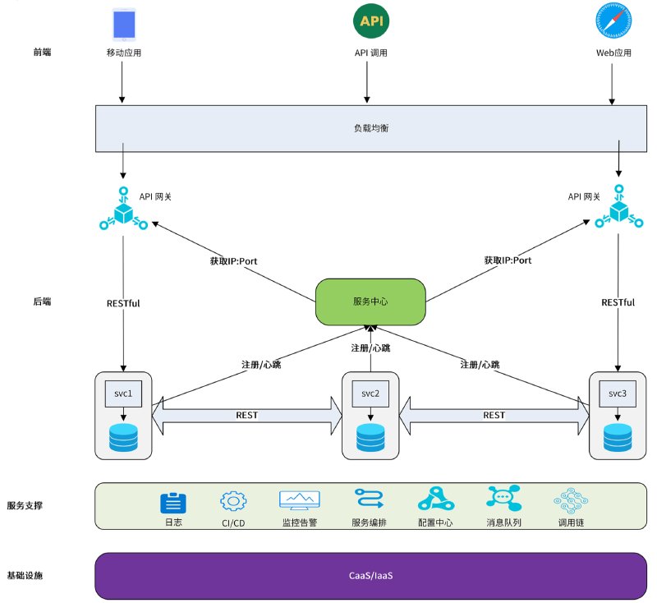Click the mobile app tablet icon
pyautogui.click(x=124, y=25)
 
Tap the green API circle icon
pyautogui.click(x=370, y=21)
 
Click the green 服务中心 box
pyautogui.click(x=370, y=301)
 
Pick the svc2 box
pyautogui.click(x=370, y=394)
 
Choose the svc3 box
pyautogui.click(x=617, y=394)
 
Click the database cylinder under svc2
pyautogui.click(x=370, y=436)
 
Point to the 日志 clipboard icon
pyautogui.click(x=172, y=502)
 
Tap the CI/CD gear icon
pyautogui.click(x=233, y=501)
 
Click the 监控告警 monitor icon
pyautogui.click(x=299, y=500)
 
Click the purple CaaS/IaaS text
pyautogui.click(x=370, y=575)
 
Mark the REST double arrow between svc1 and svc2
pyautogui.click(x=246, y=415)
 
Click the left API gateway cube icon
pyautogui.click(x=123, y=212)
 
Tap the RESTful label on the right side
pyautogui.click(x=618, y=302)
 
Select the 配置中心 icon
pyautogui.click(x=435, y=499)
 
